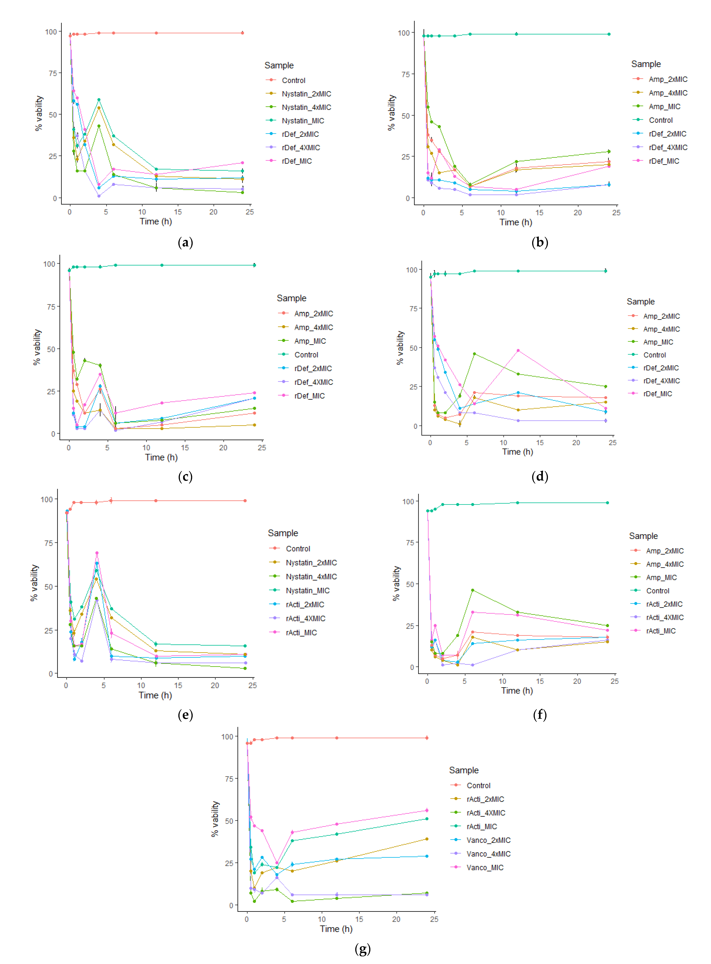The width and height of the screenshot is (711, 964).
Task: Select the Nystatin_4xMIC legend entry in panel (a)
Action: (x=306, y=107)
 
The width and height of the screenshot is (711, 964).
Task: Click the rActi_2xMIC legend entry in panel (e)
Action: (x=305, y=604)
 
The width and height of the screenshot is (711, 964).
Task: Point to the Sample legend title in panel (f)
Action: (x=643, y=536)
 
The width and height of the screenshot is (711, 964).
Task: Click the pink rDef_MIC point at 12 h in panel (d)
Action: (x=518, y=351)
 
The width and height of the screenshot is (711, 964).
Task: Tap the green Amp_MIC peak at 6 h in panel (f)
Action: (x=473, y=590)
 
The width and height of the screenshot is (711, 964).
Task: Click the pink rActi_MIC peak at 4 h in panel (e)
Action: (x=97, y=553)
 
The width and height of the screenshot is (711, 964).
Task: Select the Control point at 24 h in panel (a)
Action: (x=242, y=33)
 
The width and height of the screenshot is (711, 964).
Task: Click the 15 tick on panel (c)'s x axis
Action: (x=185, y=448)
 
